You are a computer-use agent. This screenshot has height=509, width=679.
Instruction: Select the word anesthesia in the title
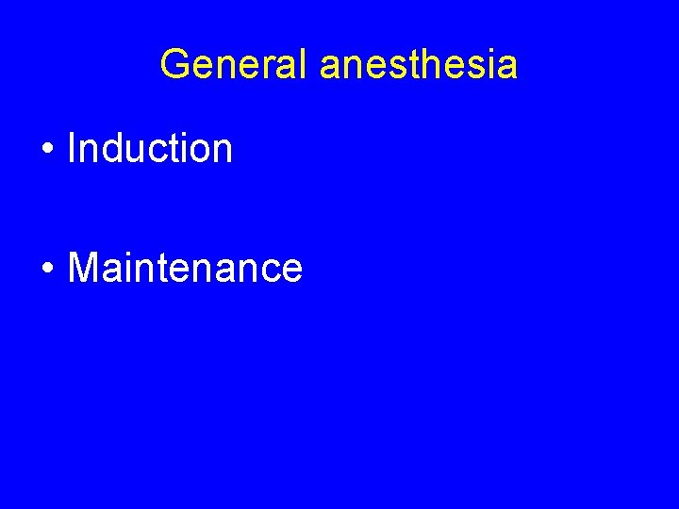[418, 65]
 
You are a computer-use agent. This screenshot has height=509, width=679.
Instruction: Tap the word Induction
[150, 148]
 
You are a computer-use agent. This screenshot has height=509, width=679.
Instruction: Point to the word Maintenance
[185, 268]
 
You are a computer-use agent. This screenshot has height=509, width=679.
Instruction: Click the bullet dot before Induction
[46, 150]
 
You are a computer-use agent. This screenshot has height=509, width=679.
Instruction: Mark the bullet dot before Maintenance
[46, 270]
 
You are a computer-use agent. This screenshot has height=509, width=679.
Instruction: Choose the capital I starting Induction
[73, 148]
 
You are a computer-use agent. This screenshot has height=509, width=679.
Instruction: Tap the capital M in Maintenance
[82, 268]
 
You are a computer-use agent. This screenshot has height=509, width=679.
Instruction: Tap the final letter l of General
[303, 65]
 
